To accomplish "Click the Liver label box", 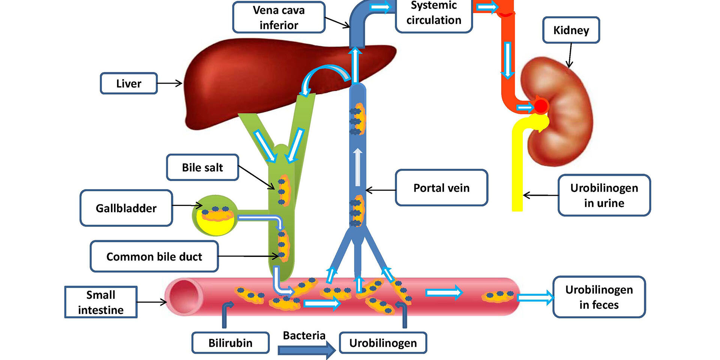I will click(x=129, y=83).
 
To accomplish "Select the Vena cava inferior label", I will click(x=279, y=17).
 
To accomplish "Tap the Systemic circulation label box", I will click(x=433, y=15).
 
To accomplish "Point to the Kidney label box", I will click(x=571, y=30).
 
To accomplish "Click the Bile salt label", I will click(x=202, y=167).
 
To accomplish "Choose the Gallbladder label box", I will click(x=126, y=208).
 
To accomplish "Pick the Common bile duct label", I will click(x=154, y=256).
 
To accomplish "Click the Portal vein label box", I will click(x=441, y=187).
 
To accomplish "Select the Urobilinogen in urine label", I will click(x=604, y=195).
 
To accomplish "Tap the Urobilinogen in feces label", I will click(x=599, y=297).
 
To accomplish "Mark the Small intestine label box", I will click(x=101, y=302).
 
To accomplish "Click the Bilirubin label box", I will click(x=230, y=343).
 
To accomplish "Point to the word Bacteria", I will click(x=304, y=335).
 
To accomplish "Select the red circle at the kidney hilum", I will click(x=540, y=106).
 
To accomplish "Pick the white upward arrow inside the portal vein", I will click(x=358, y=167).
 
